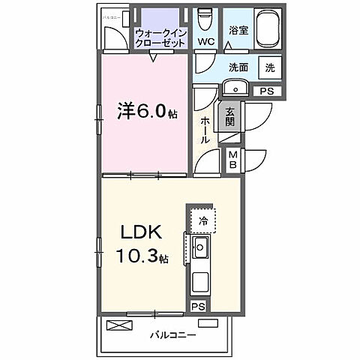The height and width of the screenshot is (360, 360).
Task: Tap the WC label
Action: tap(203, 40)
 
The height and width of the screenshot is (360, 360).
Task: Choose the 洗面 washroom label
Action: tap(239, 67)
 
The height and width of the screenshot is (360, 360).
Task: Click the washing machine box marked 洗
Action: tap(268, 67)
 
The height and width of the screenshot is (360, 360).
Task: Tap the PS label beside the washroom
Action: tap(266, 90)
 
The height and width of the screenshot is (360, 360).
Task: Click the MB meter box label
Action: tap(232, 159)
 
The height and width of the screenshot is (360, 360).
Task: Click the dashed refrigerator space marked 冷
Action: tap(203, 220)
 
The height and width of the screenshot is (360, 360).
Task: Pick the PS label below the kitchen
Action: tap(197, 307)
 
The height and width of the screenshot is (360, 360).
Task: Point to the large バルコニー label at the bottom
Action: tap(172, 334)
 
